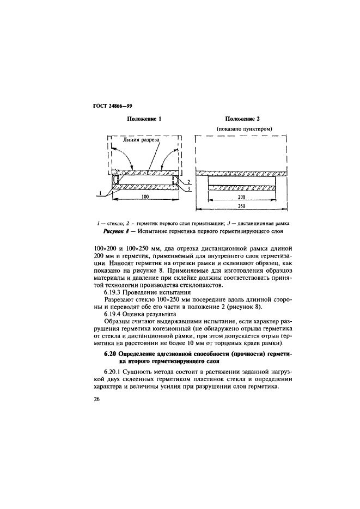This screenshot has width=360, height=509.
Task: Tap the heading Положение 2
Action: [x=242, y=119]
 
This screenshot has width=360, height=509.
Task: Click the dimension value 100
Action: [x=145, y=198]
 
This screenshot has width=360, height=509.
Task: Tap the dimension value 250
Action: [x=242, y=207]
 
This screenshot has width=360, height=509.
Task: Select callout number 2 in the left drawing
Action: [x=187, y=181]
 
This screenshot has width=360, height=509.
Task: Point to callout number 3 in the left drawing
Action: [x=187, y=188]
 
